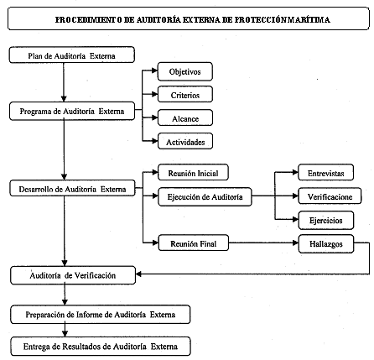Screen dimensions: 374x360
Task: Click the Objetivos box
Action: [185, 71]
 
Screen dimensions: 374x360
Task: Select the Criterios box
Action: [185, 95]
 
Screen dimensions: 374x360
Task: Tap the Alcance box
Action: [185, 118]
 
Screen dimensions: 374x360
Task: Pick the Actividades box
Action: [185, 142]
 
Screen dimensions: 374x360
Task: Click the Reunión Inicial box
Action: [193, 173]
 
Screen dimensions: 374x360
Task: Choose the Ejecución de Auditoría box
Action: [205, 197]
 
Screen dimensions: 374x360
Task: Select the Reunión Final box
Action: [193, 243]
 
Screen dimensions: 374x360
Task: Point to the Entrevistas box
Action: [326, 173]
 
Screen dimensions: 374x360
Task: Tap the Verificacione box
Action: [330, 196]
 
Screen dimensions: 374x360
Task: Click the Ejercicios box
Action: [326, 221]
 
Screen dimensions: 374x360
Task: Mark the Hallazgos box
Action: [326, 244]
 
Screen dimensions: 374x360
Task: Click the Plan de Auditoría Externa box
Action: [72, 55]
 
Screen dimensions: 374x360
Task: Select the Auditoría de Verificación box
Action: [73, 275]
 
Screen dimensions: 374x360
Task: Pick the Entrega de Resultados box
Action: [101, 347]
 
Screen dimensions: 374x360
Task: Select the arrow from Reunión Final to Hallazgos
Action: [263, 243]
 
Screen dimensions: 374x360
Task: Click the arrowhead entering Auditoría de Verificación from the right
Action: [138, 274]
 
